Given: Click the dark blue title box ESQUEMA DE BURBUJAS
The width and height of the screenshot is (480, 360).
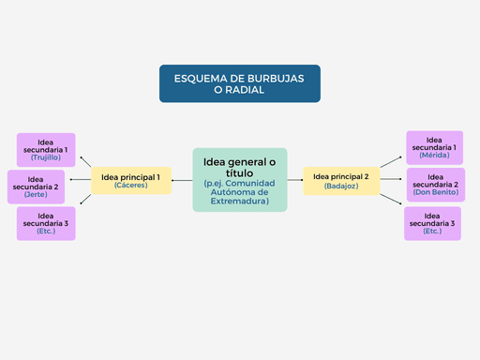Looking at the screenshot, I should tap(240, 82).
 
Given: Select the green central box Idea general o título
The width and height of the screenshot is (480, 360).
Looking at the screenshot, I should tap(240, 179).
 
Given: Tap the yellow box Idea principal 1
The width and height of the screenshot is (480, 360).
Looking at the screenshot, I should tap(131, 180).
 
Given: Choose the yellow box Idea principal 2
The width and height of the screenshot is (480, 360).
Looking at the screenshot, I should tap(341, 180).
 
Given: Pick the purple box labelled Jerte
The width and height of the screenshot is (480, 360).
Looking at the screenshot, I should tap(36, 187).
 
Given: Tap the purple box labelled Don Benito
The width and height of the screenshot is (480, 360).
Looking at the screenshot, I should tap(435, 185).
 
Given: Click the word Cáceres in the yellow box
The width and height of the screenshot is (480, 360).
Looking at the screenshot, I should tap(131, 186).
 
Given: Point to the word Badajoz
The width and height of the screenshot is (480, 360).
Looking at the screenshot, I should tap(341, 187).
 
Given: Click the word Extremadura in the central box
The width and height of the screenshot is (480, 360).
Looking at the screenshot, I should tap(240, 202).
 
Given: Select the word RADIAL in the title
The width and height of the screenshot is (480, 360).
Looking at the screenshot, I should tap(240, 90).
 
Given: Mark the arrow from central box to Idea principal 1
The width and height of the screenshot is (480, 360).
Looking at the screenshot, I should tap(182, 179).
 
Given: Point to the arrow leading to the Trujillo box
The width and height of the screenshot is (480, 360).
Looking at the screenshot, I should tap(86, 162).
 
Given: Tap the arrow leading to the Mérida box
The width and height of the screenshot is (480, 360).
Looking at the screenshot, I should tap(389, 161).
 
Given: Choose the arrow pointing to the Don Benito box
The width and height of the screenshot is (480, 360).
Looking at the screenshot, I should tap(391, 180).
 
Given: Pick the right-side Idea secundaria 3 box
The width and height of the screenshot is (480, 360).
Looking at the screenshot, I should tap(432, 223).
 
